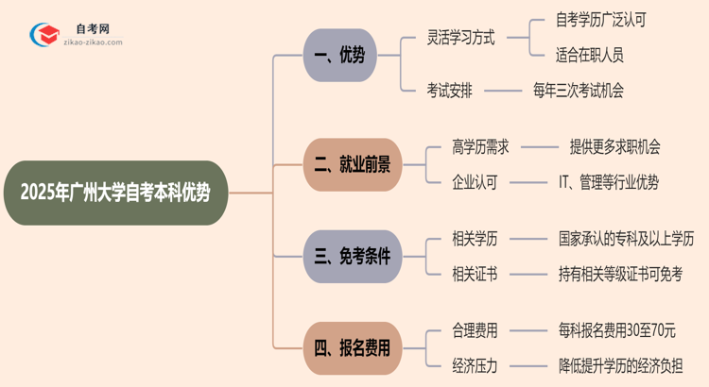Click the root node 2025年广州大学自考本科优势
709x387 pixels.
pos(115,193)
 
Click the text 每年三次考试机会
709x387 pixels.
pos(579,91)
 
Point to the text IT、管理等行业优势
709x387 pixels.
pos(608,181)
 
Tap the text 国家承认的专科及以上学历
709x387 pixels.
pos(626,238)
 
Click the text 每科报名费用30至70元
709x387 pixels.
pos(616,330)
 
